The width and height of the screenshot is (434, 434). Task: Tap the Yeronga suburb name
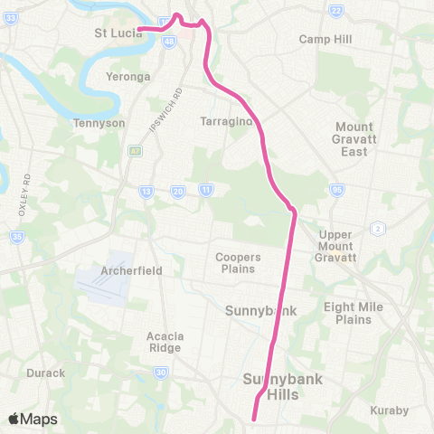tap(128, 77)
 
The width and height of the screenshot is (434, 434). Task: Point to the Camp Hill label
tap(325, 40)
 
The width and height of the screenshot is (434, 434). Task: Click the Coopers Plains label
tap(239, 262)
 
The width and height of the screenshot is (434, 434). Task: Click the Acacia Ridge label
tap(165, 341)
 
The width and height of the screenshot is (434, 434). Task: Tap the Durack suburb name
tap(46, 373)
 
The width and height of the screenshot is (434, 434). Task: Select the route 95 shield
tap(337, 190)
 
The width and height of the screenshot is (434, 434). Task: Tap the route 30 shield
tap(160, 372)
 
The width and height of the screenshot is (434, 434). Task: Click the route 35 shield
tap(16, 237)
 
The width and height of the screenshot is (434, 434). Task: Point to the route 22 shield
tap(336, 10)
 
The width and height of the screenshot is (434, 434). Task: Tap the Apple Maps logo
tap(33, 419)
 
